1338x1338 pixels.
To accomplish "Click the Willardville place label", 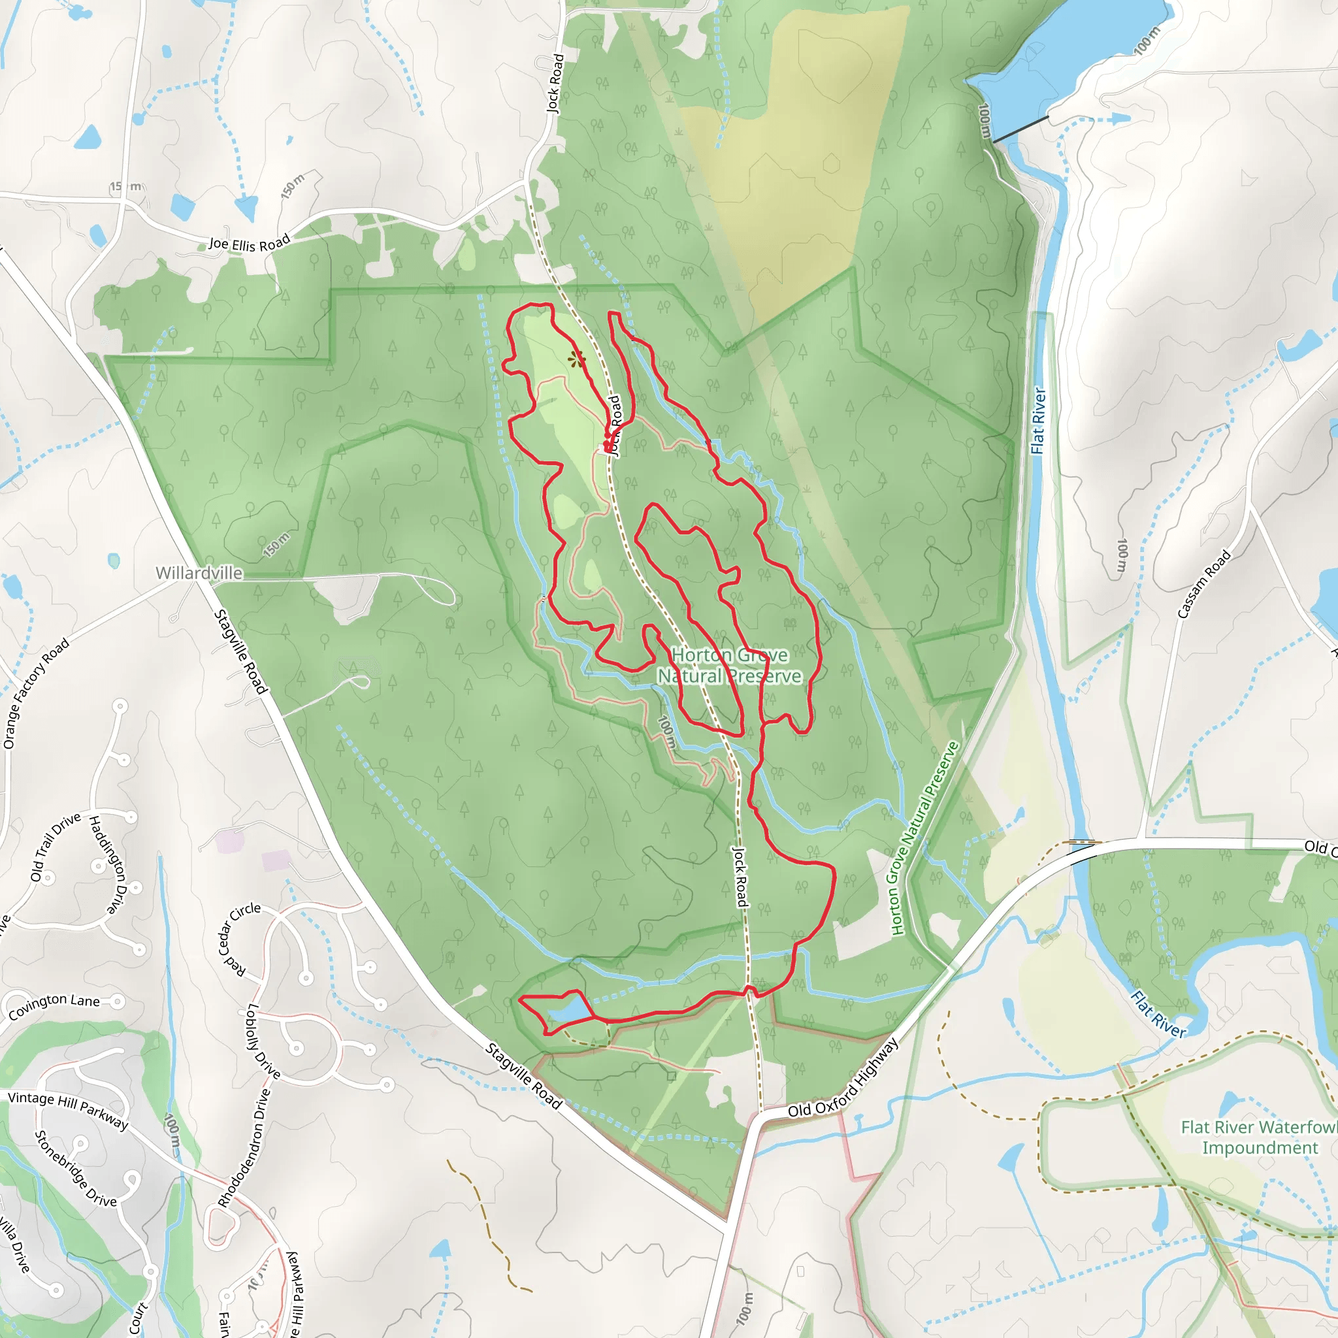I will pos(199,573).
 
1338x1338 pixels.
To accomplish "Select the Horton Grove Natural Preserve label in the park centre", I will pos(729,665).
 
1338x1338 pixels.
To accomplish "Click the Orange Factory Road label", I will pos(36,693).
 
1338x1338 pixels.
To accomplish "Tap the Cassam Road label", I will pos(1203,584).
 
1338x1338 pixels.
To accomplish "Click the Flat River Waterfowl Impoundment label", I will pos(1258,1137).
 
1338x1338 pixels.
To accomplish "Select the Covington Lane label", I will pos(54,1005).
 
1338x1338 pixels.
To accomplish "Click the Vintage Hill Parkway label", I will pos(68,1110).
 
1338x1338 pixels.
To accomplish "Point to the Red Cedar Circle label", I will pos(238,938).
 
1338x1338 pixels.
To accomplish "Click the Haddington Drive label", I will pos(106,864).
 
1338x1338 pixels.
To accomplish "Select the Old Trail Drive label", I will pos(55,847).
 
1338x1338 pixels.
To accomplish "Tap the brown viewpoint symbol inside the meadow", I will pos(576,359).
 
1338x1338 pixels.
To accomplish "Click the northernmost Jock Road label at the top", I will pos(555,83).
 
